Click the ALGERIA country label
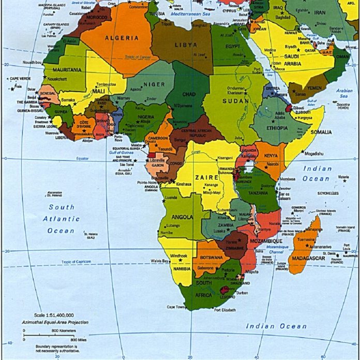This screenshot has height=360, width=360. [x=122, y=38]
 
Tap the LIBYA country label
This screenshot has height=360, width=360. [x=186, y=45]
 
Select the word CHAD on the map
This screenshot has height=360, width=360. [x=189, y=94]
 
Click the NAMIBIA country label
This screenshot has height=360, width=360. [x=181, y=269]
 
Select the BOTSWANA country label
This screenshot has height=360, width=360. [x=212, y=257]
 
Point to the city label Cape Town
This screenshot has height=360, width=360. [x=175, y=307]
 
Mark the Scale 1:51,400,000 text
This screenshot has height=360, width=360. [x=54, y=315]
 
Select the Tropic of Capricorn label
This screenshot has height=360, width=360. [x=76, y=262]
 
